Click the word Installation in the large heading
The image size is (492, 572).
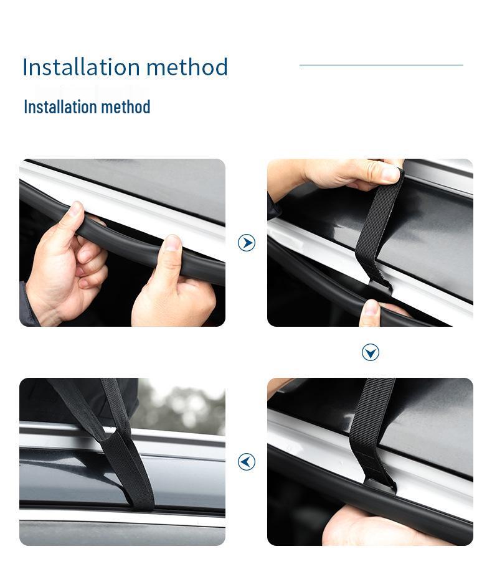[81, 67]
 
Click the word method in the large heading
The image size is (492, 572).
[187, 67]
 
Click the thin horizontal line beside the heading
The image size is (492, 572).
[381, 65]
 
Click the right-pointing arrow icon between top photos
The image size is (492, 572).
[247, 243]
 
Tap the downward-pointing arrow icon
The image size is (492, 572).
[371, 352]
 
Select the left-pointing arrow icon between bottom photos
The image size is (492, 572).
[247, 461]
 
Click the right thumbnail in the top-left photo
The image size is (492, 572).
[173, 242]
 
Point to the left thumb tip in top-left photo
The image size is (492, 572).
[76, 207]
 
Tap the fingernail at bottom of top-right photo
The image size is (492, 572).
[371, 307]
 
